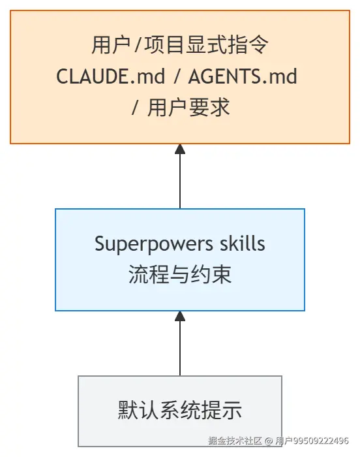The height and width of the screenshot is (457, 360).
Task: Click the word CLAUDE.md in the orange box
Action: pos(111,76)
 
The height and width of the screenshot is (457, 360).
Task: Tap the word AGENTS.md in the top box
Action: pos(243,76)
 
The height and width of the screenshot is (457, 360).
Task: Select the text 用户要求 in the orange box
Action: pos(188,108)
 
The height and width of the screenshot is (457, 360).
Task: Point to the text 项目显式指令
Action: pos(206,44)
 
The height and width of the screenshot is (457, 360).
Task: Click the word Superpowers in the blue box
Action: pos(154,244)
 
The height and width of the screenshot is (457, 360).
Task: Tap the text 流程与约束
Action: pos(180,274)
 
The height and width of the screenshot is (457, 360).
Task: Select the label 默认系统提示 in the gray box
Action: pos(180,410)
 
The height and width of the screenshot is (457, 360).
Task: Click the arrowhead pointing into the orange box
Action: pos(180,149)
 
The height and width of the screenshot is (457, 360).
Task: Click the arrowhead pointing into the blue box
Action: pos(180,316)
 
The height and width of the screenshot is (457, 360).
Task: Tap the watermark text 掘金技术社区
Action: pos(235,441)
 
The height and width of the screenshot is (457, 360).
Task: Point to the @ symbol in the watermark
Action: pos(269,441)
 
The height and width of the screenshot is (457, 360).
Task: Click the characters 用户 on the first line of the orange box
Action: pos(111,44)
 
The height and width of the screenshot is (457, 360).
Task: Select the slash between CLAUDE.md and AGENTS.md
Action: pos(177,76)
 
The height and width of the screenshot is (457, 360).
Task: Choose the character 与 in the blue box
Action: pos(180,274)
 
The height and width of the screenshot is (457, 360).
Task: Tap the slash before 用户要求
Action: pos(134,108)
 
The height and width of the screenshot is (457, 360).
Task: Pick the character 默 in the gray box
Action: pos(128,410)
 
